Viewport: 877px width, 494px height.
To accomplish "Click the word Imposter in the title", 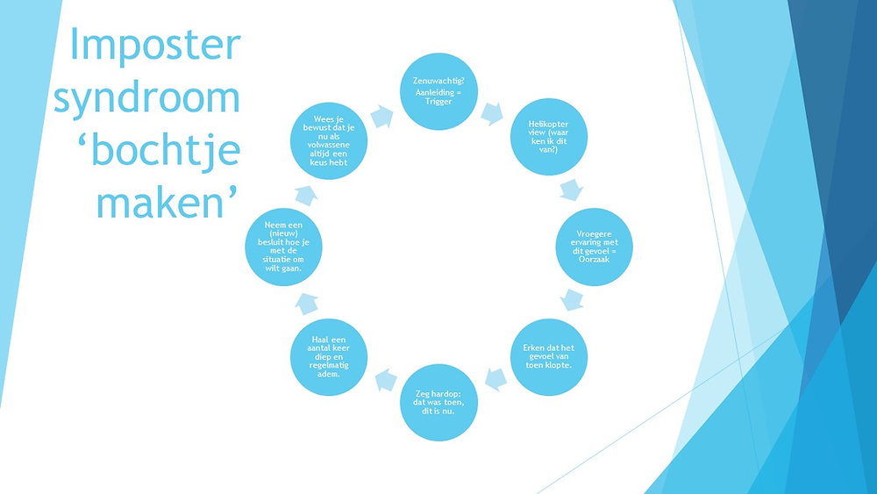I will click(154, 44).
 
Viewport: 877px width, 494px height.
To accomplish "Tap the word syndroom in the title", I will click(147, 97).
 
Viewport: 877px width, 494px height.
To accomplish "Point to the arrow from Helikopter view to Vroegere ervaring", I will click(574, 189).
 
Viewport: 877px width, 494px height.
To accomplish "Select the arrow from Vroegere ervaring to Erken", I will click(574, 299).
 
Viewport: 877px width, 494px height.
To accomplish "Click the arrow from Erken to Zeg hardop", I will click(496, 378).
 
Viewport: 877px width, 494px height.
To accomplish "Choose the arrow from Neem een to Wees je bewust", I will click(303, 193).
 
